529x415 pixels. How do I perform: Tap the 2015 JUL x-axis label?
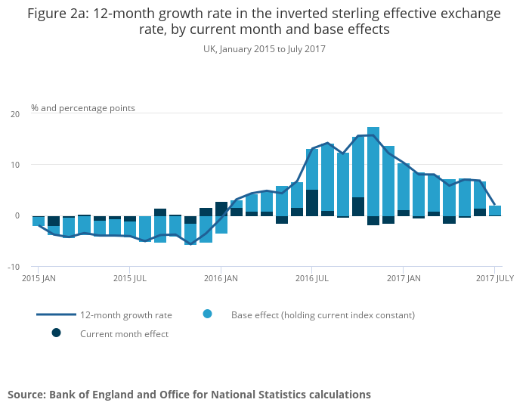pos(129,278)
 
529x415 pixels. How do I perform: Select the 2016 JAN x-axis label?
pos(221,278)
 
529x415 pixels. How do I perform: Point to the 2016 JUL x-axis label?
pos(311,278)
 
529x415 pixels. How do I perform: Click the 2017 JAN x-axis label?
pos(403,278)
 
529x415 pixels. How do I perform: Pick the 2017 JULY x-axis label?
pos(494,278)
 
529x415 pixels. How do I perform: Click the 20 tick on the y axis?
pos(15,114)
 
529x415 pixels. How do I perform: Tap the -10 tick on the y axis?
pos(14,267)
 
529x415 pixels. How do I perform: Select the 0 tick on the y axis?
pos(17,215)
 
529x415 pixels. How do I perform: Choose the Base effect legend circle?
pos(207,314)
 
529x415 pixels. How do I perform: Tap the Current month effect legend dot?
pos(56,333)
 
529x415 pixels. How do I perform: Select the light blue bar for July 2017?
pos(495,210)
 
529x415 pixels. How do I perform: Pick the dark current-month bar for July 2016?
pos(312,203)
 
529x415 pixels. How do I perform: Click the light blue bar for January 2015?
pos(38,221)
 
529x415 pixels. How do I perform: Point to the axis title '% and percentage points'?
pos(83,108)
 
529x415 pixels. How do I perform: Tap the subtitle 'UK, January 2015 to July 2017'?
pos(264,48)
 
